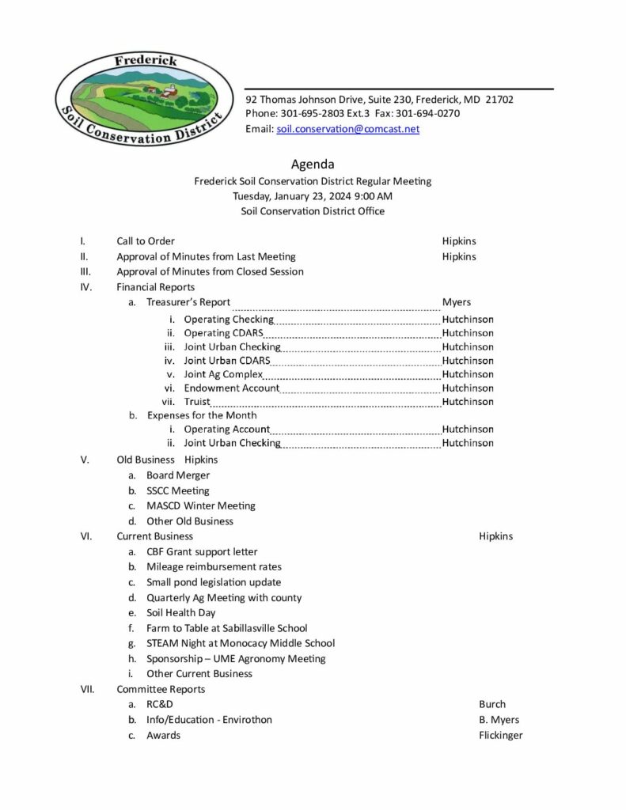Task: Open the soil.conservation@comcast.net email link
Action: [347, 129]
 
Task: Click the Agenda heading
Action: [313, 165]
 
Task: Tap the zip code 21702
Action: [500, 100]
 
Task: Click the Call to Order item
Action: [146, 241]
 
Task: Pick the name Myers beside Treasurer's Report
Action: [456, 302]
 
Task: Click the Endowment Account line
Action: [231, 388]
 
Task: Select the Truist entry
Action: [197, 402]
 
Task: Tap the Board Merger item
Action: [178, 475]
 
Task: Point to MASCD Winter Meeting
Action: [201, 505]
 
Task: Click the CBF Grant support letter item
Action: [202, 552]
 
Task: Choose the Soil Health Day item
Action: [180, 613]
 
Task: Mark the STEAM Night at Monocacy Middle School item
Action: [241, 643]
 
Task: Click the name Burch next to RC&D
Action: [491, 704]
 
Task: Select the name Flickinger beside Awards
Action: [500, 735]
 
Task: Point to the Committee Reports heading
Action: [161, 689]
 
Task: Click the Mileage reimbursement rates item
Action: [214, 567]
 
